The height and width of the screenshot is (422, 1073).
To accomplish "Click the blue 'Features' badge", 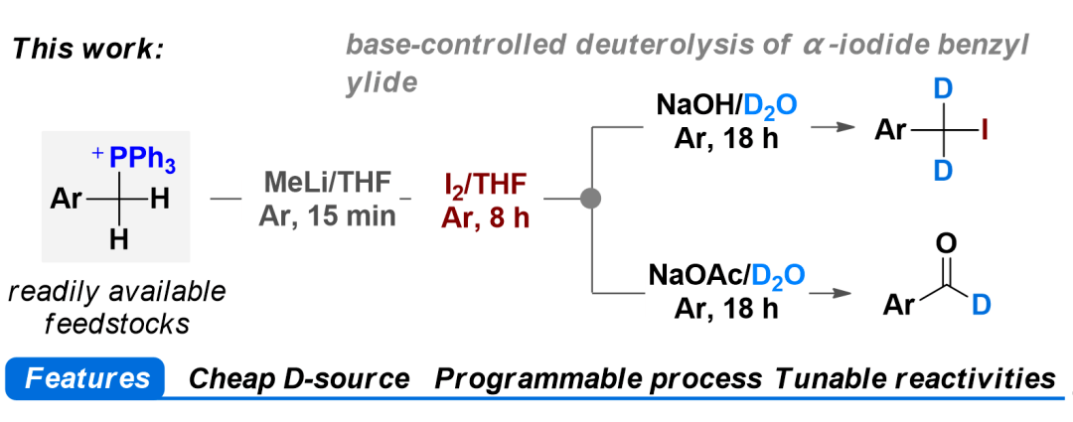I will point(87,378).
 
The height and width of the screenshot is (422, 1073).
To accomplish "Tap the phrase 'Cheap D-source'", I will point(299,378).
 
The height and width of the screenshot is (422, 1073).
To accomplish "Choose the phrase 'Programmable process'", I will point(599,378).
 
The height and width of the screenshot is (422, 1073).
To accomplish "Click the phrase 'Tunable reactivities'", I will point(915,378).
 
